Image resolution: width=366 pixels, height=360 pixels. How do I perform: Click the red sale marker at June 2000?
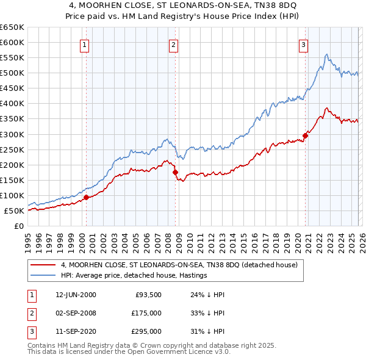[x=86, y=197]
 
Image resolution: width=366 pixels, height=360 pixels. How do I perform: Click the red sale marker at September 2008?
[x=175, y=173]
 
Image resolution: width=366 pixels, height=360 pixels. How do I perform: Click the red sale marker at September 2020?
[x=305, y=135]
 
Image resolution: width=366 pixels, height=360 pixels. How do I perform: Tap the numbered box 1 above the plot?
[x=84, y=44]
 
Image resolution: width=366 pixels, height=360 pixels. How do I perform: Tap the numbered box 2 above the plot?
[x=174, y=44]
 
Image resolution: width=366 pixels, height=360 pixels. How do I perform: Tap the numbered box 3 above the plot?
[x=303, y=44]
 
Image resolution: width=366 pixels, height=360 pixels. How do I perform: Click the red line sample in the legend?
[x=43, y=265]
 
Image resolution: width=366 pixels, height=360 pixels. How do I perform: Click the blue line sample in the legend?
[x=43, y=276]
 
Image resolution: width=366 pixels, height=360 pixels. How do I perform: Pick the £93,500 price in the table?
[x=148, y=295]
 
